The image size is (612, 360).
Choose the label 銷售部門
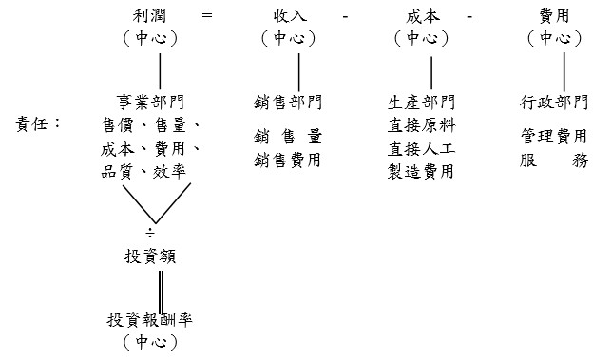coord(288,102)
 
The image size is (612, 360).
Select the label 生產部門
coord(422,102)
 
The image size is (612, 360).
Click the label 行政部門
coord(554,102)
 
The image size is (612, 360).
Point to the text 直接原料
coord(422,124)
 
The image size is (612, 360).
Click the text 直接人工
coord(422,148)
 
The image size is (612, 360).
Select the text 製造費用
coord(422,172)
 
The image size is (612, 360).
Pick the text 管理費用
coord(554,137)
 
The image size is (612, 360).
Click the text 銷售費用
coord(288,161)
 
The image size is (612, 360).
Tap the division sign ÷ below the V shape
coord(149,233)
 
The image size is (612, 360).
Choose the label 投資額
coord(149,256)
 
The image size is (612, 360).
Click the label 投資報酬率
coord(155,319)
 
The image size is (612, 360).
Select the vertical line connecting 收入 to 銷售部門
coord(300,72)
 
